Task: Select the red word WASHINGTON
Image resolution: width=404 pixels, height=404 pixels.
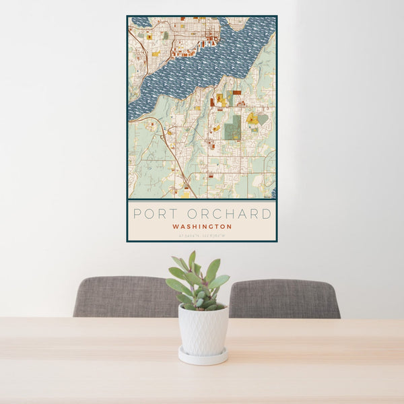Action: coord(202,227)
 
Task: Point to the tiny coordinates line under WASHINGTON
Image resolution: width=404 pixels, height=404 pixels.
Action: coord(202,235)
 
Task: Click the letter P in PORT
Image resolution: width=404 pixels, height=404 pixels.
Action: coord(137,214)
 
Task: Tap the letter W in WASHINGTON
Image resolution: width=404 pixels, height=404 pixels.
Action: coord(175,227)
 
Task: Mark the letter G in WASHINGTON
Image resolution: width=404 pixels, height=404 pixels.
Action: coord(212,227)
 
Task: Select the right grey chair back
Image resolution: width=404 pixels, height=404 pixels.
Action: coord(286,298)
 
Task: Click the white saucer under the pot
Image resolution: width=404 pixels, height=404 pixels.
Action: coord(203,356)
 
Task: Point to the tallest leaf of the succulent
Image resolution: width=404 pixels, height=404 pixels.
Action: coord(192,259)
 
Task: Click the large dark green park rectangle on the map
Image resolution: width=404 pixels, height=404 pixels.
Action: coord(232,127)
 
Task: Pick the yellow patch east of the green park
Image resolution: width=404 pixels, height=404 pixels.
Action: coord(252,119)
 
